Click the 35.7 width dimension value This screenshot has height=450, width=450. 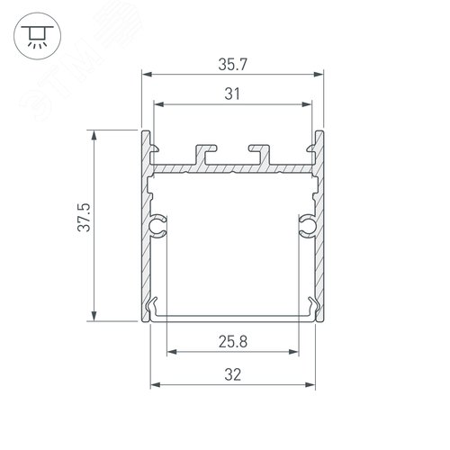tap(232, 66)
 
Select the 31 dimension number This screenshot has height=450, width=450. tap(232, 93)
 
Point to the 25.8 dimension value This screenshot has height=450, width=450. tap(232, 341)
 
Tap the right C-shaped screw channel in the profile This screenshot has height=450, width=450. tap(307, 226)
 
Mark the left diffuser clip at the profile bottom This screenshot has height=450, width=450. tap(156, 307)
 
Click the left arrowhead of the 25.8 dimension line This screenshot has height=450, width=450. tap(167, 350)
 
